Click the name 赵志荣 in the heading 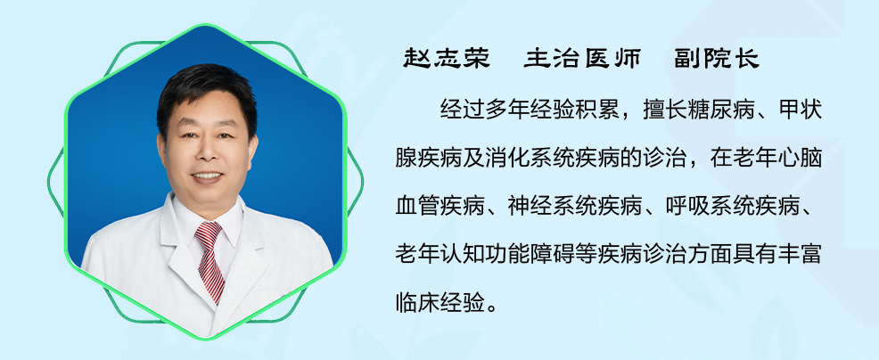[x=447, y=58]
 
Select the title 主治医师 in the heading [x=582, y=58]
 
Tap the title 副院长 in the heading [x=717, y=58]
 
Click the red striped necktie [x=209, y=260]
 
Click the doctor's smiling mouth [x=208, y=176]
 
